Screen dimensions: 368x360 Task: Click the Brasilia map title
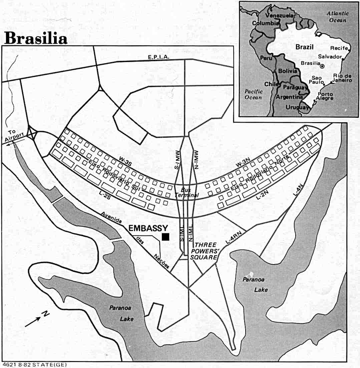[x=36, y=38]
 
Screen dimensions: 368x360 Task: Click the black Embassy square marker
[x=165, y=237]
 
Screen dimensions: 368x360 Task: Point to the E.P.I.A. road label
[x=159, y=57]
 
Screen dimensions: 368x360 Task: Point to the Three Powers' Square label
[x=206, y=251]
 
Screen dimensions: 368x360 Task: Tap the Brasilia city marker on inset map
[x=322, y=66]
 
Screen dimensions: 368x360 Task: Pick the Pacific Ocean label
[x=253, y=94]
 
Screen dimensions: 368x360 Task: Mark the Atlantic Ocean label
[x=337, y=17]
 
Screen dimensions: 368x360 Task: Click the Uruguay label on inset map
[x=296, y=107]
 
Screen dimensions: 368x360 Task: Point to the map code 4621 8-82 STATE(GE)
[x=34, y=365]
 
